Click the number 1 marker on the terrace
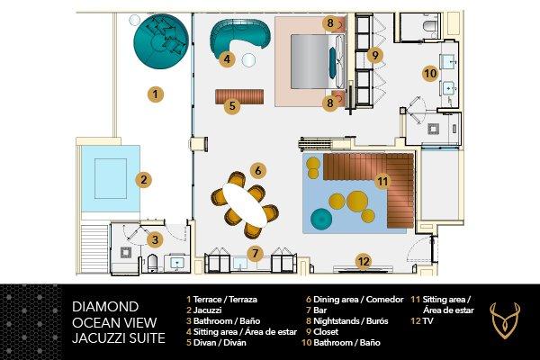(x=156, y=93)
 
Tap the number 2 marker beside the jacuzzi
(x=142, y=179)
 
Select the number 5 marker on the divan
(x=232, y=105)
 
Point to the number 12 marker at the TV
(x=363, y=262)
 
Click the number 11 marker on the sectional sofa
(x=382, y=181)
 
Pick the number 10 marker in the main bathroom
(x=430, y=72)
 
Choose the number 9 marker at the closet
(x=374, y=55)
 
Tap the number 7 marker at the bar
(x=255, y=254)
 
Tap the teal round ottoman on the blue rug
(x=321, y=218)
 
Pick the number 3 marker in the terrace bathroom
(x=156, y=239)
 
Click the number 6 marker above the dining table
(x=257, y=168)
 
